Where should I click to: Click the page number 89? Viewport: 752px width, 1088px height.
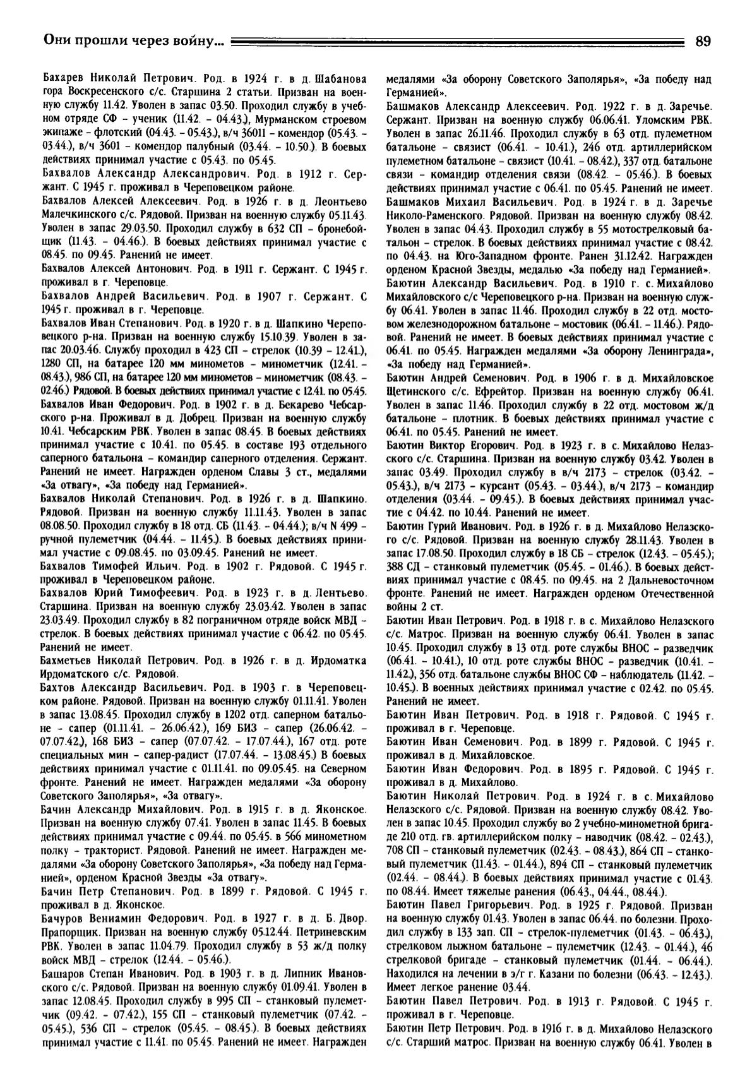tap(703, 42)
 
